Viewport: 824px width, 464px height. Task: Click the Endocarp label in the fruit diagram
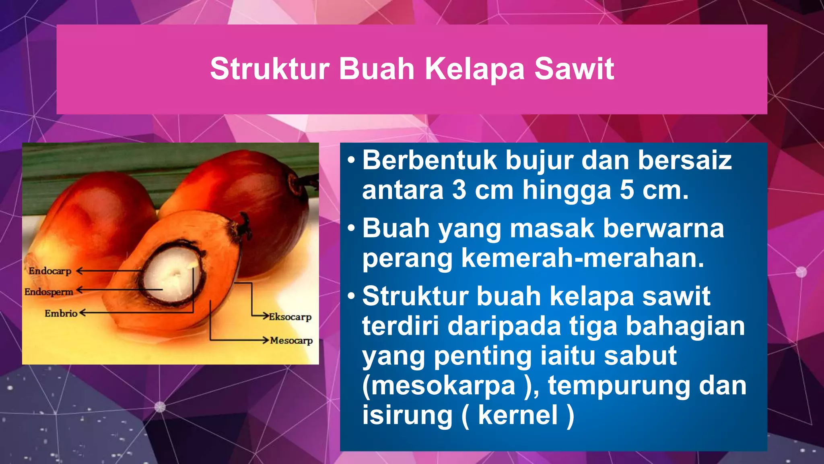49,271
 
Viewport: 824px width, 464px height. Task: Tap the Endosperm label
49,292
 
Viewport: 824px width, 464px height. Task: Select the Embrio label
61,313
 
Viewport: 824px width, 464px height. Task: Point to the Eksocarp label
290,317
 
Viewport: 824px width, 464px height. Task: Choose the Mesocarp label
291,340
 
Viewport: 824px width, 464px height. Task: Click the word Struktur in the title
270,69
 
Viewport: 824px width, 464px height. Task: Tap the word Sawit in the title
574,69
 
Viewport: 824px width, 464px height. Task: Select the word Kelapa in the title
475,69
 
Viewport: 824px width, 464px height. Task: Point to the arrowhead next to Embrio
82,313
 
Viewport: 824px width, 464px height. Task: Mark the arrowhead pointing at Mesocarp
266,340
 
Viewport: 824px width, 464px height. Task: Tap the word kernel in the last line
518,415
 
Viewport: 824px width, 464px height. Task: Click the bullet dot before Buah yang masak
351,228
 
